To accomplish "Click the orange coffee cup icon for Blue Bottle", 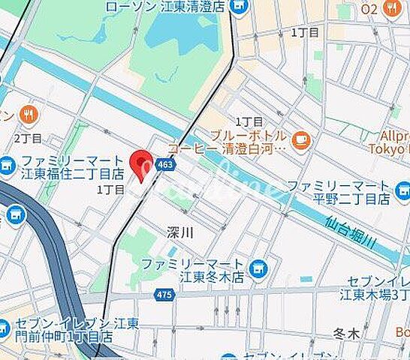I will point(301,140).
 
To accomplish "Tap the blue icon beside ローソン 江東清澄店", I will point(240,7).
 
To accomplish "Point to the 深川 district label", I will point(180,233).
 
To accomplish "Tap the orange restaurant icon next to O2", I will point(391,8).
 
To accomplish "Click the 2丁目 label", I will point(28,139).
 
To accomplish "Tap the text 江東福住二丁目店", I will point(74,175).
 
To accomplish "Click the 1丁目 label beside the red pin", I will point(110,190).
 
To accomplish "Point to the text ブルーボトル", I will point(247,136).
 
